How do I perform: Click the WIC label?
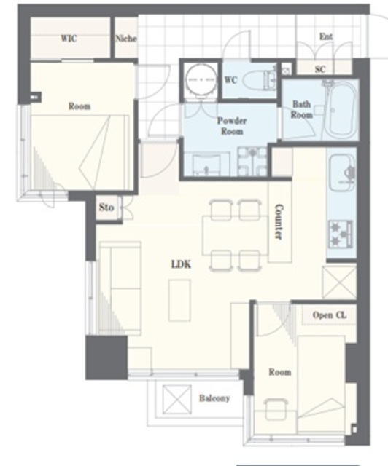[69, 39]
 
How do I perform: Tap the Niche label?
[126, 39]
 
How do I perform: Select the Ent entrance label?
[326, 36]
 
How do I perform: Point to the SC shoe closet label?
[320, 69]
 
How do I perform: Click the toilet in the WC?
[260, 80]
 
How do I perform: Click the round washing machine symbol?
[201, 79]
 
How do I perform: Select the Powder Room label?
[232, 126]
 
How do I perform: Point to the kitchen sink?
[342, 173]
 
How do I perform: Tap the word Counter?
[278, 221]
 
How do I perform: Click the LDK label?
[181, 264]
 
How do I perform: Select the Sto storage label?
[106, 207]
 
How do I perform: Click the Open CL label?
[330, 315]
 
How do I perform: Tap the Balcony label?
[214, 398]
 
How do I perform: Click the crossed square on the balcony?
[177, 399]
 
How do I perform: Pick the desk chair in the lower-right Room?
[276, 409]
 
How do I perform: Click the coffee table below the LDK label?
[179, 301]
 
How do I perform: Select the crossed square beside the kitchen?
[339, 283]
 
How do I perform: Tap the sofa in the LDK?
[120, 288]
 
